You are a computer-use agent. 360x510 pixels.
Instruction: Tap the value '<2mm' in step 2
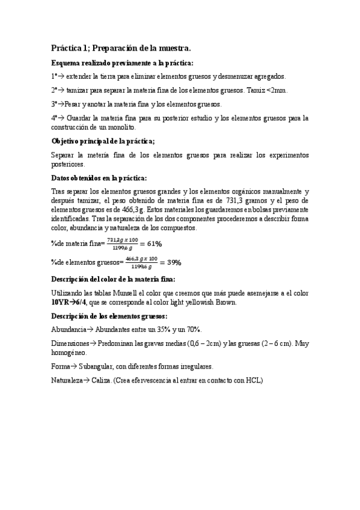278,90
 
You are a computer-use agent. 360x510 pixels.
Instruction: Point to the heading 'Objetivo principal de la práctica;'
103,141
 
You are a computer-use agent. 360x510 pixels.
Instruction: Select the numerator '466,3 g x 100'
141,259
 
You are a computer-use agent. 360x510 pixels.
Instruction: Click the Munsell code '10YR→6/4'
70,303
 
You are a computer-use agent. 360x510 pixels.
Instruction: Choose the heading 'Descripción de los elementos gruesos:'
109,316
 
